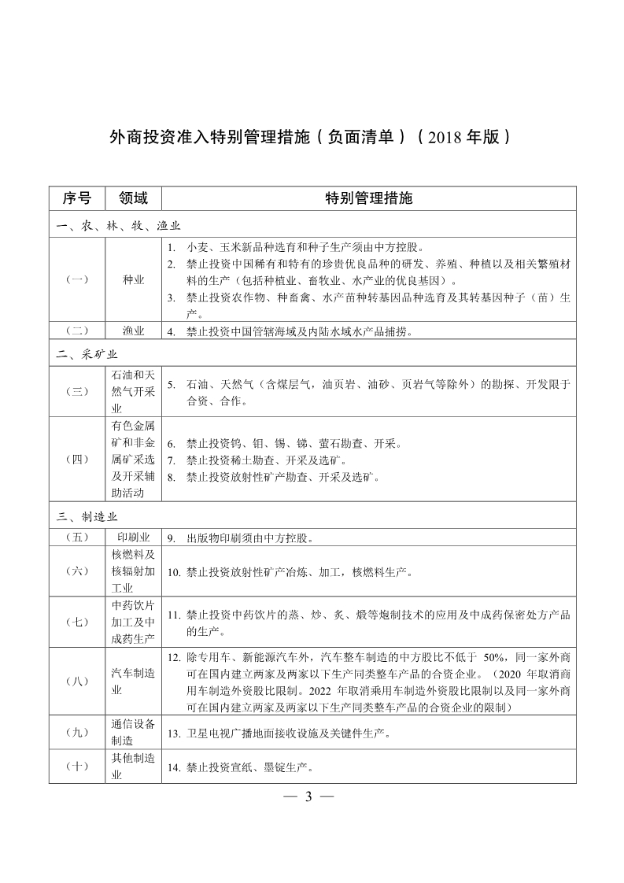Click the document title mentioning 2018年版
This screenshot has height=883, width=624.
tap(312, 136)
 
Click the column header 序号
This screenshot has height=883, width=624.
tap(76, 198)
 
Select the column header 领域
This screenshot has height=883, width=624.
tap(133, 198)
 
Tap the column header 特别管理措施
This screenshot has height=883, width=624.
tap(369, 198)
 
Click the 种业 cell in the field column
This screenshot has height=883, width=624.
tap(133, 279)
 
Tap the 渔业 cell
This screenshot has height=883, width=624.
tap(133, 331)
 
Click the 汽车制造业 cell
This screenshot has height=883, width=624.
tap(133, 681)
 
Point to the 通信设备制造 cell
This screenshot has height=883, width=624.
tap(133, 733)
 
